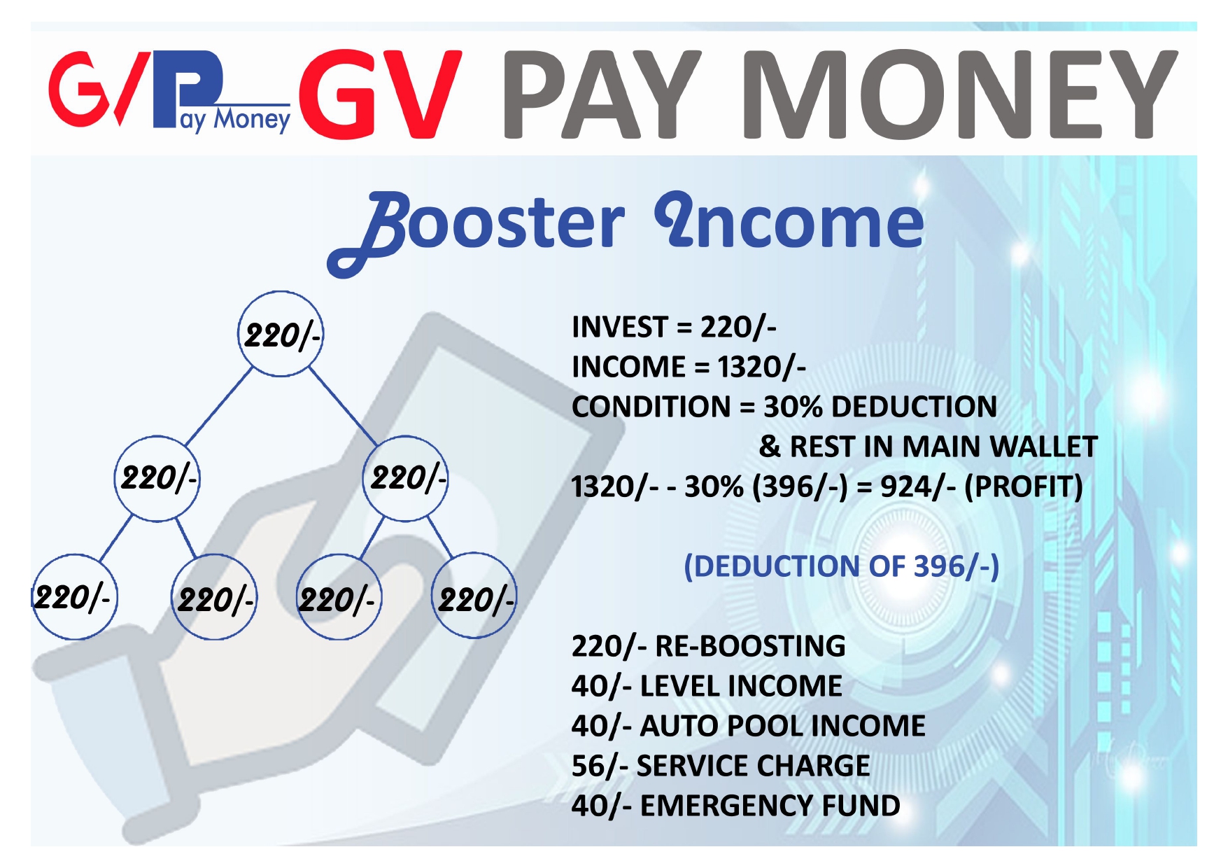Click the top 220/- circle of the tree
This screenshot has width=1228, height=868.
tap(281, 334)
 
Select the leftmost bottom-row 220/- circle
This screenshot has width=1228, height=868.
tap(73, 597)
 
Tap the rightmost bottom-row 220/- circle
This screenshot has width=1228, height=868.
tap(474, 596)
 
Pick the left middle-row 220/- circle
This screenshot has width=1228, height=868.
tap(157, 479)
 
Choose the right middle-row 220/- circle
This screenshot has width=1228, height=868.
tap(405, 479)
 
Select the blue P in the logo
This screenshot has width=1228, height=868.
tap(189, 84)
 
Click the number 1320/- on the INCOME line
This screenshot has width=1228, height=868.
tap(761, 367)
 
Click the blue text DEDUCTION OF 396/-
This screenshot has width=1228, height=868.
tap(841, 566)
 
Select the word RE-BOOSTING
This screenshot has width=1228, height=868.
tap(749, 646)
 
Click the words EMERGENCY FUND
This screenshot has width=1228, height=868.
tap(770, 806)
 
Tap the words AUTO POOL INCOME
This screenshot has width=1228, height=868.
tap(782, 726)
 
